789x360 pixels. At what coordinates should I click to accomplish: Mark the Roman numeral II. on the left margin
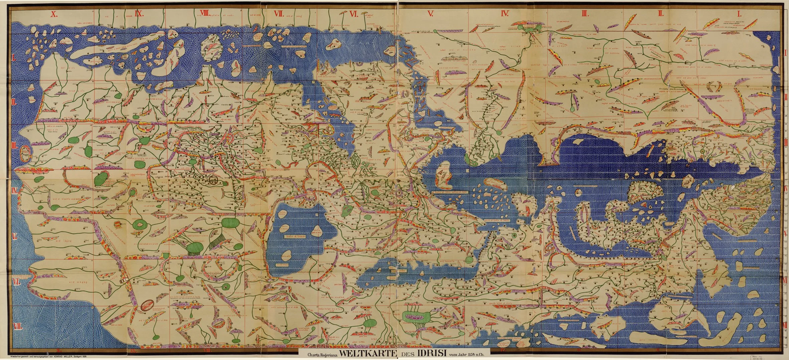coord(14,102)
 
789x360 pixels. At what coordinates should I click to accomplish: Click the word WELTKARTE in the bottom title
coord(367,355)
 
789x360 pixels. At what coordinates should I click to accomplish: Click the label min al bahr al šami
coord(497,221)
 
